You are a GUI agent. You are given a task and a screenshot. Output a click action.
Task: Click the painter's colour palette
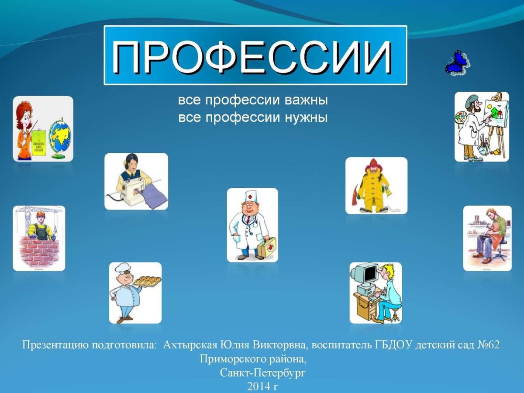click(x=461, y=118)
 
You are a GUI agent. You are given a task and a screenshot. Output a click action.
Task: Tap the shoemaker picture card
click(x=487, y=238)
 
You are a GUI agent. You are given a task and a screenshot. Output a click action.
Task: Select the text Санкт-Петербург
click(x=262, y=373)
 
